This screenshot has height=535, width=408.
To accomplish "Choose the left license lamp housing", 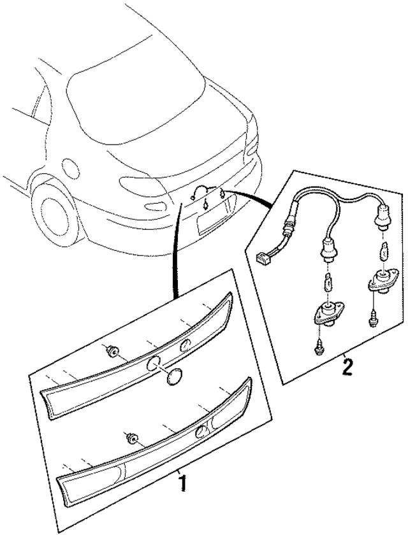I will (324, 313).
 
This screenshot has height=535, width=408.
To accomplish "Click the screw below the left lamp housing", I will (318, 348).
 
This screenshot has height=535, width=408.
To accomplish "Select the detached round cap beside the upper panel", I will (173, 376).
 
